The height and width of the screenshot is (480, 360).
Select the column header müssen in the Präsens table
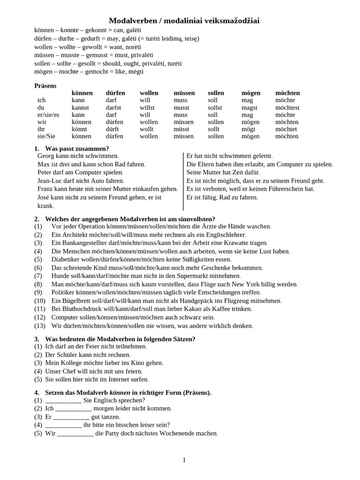coord(184,93)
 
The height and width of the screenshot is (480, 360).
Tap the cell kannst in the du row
coord(80,107)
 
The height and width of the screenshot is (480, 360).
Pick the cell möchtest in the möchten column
coord(287,107)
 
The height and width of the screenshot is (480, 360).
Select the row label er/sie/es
coord(48,115)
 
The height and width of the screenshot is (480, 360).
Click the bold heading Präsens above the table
coord(45,86)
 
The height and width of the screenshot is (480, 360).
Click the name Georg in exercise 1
coord(46,156)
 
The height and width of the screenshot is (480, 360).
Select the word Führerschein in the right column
coord(283,189)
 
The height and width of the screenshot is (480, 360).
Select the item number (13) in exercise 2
coord(40,326)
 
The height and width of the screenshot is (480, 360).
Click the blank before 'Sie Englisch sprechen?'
coord(63,400)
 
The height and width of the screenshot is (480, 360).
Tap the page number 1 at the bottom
coord(184,460)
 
